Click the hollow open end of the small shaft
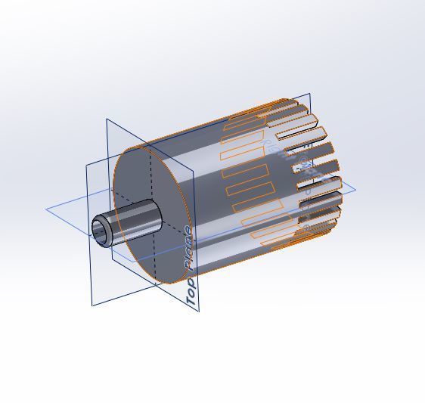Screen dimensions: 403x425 coord(101,229)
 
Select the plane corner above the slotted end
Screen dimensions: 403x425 coord(309,95)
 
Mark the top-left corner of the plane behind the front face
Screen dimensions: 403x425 coord(106,119)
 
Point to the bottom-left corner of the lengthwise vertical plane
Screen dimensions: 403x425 coord(92,305)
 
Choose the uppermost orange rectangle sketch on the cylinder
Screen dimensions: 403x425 coord(244,119)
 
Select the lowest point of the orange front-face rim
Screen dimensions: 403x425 coord(163,284)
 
